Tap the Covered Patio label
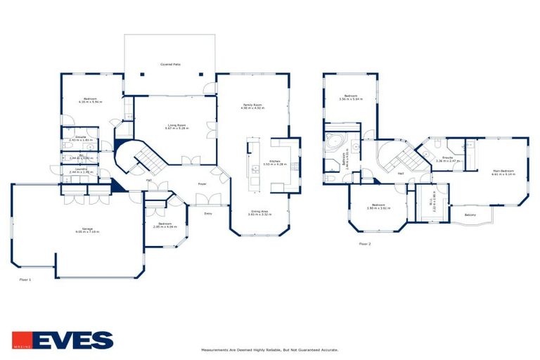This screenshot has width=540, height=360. pyautogui.click(x=170, y=64)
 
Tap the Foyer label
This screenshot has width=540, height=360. pyautogui.click(x=202, y=184)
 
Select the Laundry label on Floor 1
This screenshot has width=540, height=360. pyautogui.click(x=81, y=170)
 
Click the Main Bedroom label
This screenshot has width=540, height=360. pyautogui.click(x=502, y=171)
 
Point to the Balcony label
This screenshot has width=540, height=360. pyautogui.click(x=470, y=214)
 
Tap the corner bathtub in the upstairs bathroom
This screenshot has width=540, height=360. pyautogui.click(x=333, y=143)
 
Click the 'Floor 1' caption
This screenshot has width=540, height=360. pyautogui.click(x=25, y=279)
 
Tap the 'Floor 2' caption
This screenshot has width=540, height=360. pyautogui.click(x=364, y=244)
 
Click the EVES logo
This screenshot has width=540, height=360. pyautogui.click(x=62, y=340)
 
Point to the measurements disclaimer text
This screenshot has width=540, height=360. pyautogui.click(x=269, y=349)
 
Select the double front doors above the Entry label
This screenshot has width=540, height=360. pyautogui.click(x=208, y=199)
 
